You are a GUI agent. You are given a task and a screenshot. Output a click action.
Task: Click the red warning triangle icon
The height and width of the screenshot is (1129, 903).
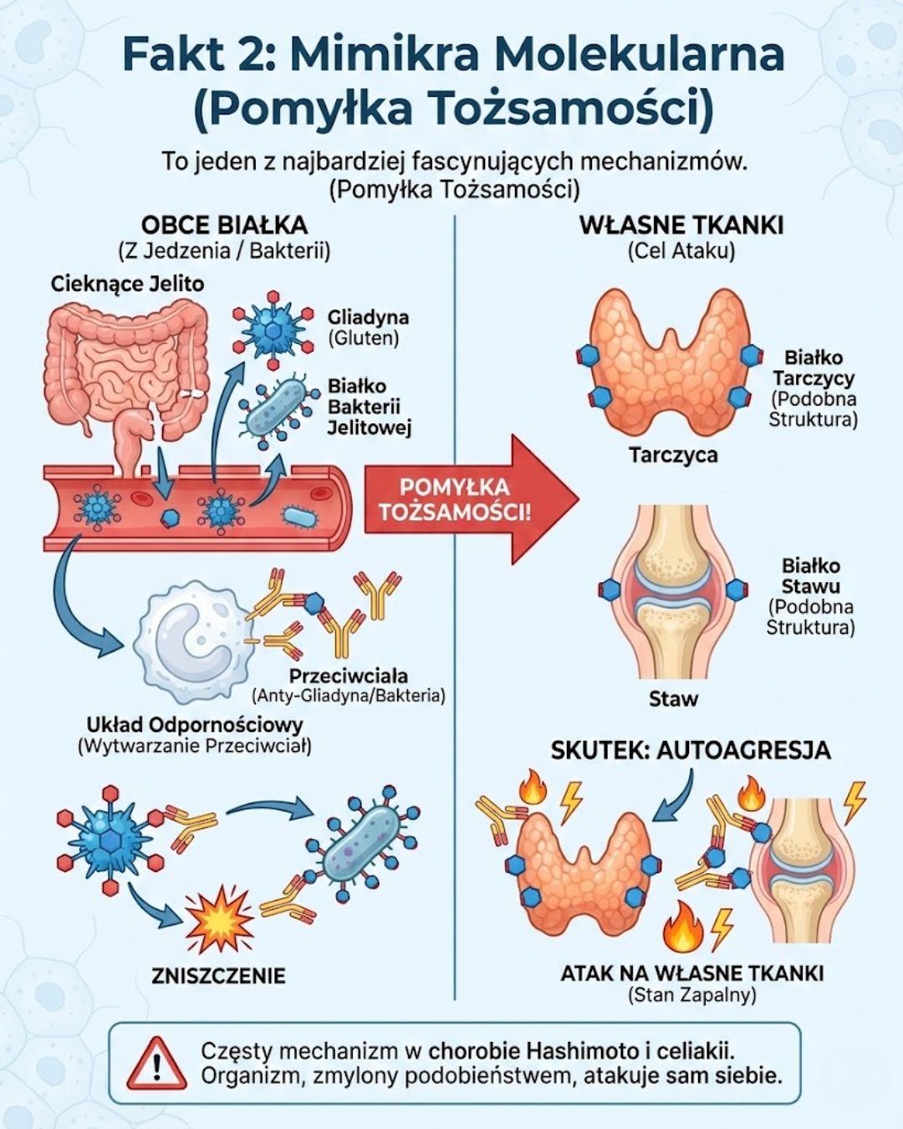click(156, 1063)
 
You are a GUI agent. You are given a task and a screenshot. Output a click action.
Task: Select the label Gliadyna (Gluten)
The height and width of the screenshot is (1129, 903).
click(368, 327)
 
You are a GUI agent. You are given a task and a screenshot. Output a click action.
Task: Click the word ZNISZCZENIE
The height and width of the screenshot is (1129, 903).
click(218, 976)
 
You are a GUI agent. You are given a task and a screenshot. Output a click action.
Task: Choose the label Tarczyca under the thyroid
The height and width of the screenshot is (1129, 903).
click(673, 456)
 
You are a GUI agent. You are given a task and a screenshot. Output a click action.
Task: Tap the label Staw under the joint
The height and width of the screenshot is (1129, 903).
click(673, 699)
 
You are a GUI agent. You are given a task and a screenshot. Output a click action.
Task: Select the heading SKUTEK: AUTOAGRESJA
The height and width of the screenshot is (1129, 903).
click(691, 750)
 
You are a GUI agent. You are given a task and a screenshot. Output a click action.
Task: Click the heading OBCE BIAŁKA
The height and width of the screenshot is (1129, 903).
click(224, 226)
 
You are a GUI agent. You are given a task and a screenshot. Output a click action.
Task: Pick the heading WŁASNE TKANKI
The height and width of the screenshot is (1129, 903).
click(681, 226)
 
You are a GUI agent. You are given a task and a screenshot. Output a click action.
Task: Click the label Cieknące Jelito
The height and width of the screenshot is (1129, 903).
click(127, 284)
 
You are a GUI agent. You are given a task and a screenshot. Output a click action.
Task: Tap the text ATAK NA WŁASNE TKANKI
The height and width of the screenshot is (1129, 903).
click(691, 973)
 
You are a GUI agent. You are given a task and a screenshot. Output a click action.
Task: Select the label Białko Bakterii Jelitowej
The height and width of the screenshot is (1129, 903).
click(369, 407)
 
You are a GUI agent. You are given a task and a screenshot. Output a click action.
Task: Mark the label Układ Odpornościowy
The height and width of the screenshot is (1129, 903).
click(195, 724)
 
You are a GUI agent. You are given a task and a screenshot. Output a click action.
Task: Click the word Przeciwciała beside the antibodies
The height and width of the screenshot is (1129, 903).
click(349, 676)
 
